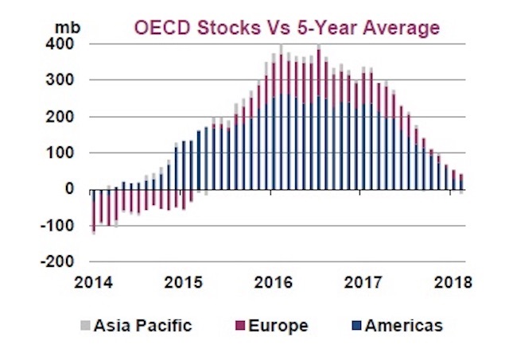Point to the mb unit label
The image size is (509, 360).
64,25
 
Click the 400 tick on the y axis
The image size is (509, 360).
64,45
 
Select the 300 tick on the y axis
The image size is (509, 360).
64,80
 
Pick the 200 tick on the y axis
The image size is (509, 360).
64,117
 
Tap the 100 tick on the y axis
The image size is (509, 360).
64,153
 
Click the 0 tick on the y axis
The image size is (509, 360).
69,189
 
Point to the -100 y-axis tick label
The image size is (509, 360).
60,226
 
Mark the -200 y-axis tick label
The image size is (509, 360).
60,261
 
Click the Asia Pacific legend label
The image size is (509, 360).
141,325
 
